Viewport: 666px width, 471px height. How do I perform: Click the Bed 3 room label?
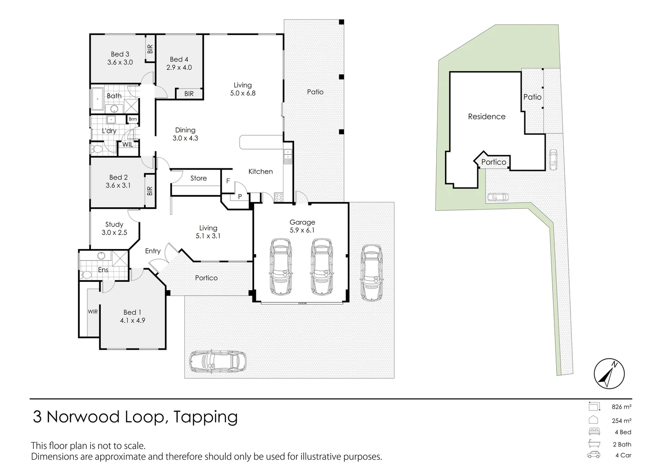120,54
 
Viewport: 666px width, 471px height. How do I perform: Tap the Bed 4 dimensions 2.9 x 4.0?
179,68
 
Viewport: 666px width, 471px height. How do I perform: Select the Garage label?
302,222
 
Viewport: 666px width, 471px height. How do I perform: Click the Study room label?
114,225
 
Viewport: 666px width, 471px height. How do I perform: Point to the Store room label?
198,178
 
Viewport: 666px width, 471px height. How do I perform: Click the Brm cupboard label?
133,119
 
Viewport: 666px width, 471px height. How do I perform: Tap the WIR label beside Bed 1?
93,312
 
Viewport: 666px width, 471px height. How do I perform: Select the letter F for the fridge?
228,181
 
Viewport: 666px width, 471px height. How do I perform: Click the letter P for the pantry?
240,197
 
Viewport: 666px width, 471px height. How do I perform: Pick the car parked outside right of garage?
371,273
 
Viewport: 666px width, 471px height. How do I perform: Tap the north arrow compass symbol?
609,374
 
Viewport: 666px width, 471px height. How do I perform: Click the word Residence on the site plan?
486,116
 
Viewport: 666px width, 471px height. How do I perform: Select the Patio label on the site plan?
532,97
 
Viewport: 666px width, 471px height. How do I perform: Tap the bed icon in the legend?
594,432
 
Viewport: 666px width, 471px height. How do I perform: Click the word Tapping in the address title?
206,417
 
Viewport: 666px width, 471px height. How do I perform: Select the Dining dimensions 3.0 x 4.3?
185,138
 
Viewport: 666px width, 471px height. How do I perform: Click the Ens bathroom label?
103,270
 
